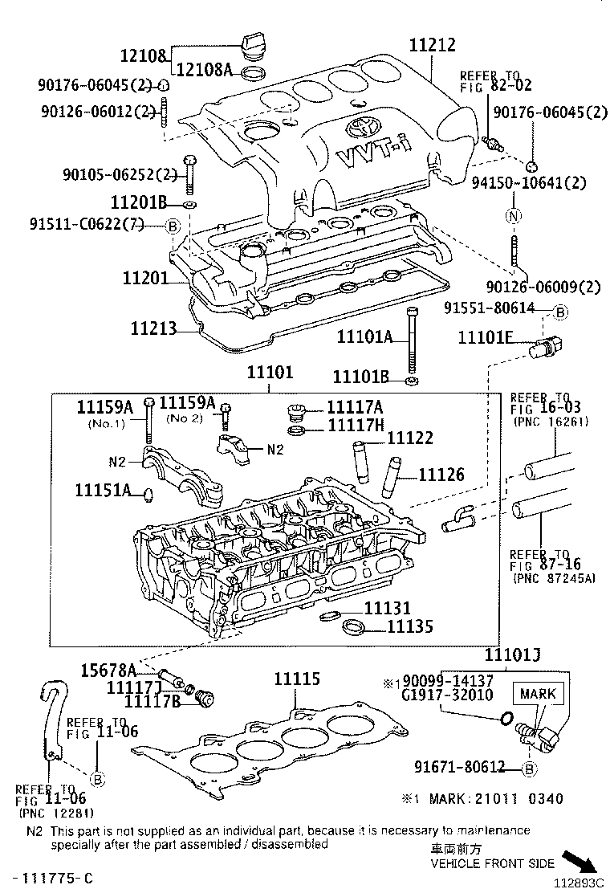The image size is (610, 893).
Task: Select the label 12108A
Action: tap(204, 71)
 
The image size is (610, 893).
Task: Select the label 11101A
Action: tap(364, 338)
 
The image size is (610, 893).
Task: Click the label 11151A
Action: tap(103, 490)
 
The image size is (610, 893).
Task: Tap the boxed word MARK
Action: tap(537, 694)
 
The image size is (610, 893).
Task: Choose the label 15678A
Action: tap(108, 670)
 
